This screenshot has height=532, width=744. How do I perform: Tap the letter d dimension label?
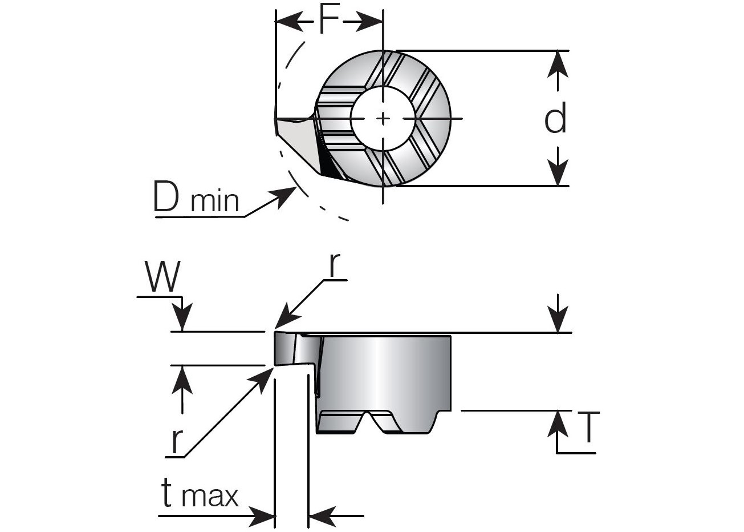[555, 119]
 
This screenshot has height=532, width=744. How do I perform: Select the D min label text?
[196, 198]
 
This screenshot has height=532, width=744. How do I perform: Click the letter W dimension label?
[162, 276]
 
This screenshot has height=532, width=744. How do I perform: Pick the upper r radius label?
[338, 265]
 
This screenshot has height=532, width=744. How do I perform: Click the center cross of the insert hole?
[384, 118]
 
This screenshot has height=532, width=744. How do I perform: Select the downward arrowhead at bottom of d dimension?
[558, 174]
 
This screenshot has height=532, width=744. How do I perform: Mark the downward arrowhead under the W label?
[182, 320]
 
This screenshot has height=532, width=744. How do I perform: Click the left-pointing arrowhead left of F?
[288, 23]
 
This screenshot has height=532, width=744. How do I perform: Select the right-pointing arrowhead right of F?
[371, 23]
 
